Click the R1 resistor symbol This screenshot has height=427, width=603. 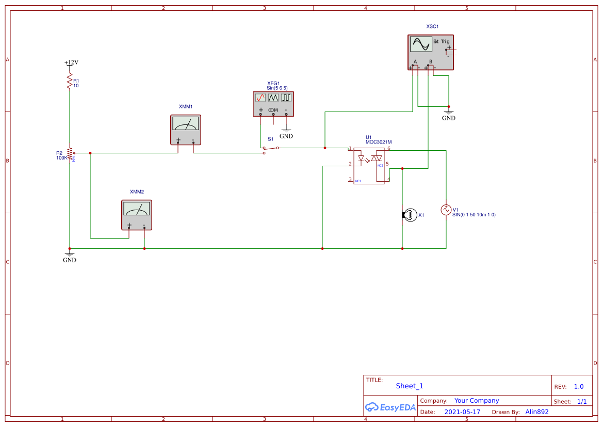coord(69,82)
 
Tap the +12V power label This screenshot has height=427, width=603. coord(71,62)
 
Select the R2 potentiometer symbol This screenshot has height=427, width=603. coord(70,153)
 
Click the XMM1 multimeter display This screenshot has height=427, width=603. coord(185,123)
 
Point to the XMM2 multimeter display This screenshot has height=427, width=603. coord(137,209)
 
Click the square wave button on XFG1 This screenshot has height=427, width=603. coord(286,97)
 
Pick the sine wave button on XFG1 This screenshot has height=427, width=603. coord(260,97)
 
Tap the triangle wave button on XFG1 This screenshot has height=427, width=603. coord(273,97)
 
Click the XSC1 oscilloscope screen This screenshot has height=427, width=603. coord(421,44)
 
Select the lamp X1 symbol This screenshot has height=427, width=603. coord(410,215)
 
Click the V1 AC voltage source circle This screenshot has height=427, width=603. coord(446,210)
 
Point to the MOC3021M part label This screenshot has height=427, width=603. coord(379,142)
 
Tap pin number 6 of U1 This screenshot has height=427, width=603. coord(389,148)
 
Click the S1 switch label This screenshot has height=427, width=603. coord(271,139)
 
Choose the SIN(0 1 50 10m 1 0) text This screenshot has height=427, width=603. coord(474,215)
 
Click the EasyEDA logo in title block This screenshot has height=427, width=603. coord(390,407)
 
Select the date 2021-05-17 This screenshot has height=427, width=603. coord(462,412)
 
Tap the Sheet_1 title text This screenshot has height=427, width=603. coord(410,386)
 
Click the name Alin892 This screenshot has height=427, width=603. coord(537,412)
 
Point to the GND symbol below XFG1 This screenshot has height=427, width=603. coord(286,134)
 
